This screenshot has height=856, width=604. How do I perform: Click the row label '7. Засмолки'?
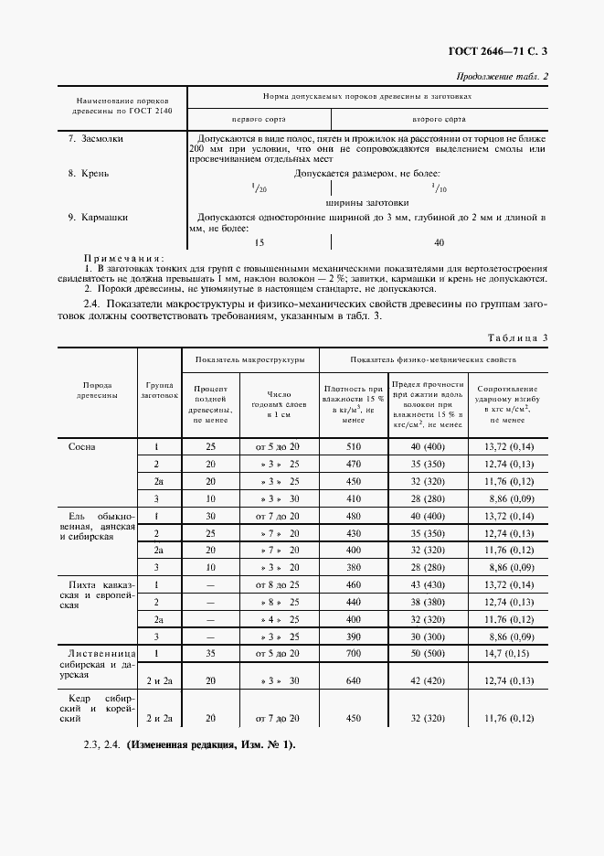96,139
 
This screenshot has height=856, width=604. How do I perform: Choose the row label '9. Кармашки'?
98,218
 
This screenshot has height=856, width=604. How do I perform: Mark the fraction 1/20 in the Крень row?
259,187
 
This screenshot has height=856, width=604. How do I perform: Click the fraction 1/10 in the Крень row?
439,187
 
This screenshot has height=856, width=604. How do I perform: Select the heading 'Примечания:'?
124,259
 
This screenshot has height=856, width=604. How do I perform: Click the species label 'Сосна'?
81,447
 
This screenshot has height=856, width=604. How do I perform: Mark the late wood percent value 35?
211,655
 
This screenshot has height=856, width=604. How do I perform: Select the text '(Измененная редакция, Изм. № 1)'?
212,744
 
